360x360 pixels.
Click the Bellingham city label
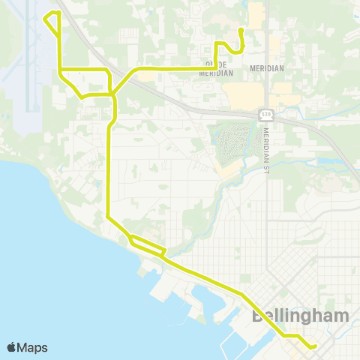300,316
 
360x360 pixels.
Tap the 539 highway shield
266,115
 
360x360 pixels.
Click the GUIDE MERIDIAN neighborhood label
216,68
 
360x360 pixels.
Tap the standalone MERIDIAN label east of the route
268,68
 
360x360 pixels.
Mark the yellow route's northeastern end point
240,30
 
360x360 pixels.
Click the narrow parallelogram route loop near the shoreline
147,245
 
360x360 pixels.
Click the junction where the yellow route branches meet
112,94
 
